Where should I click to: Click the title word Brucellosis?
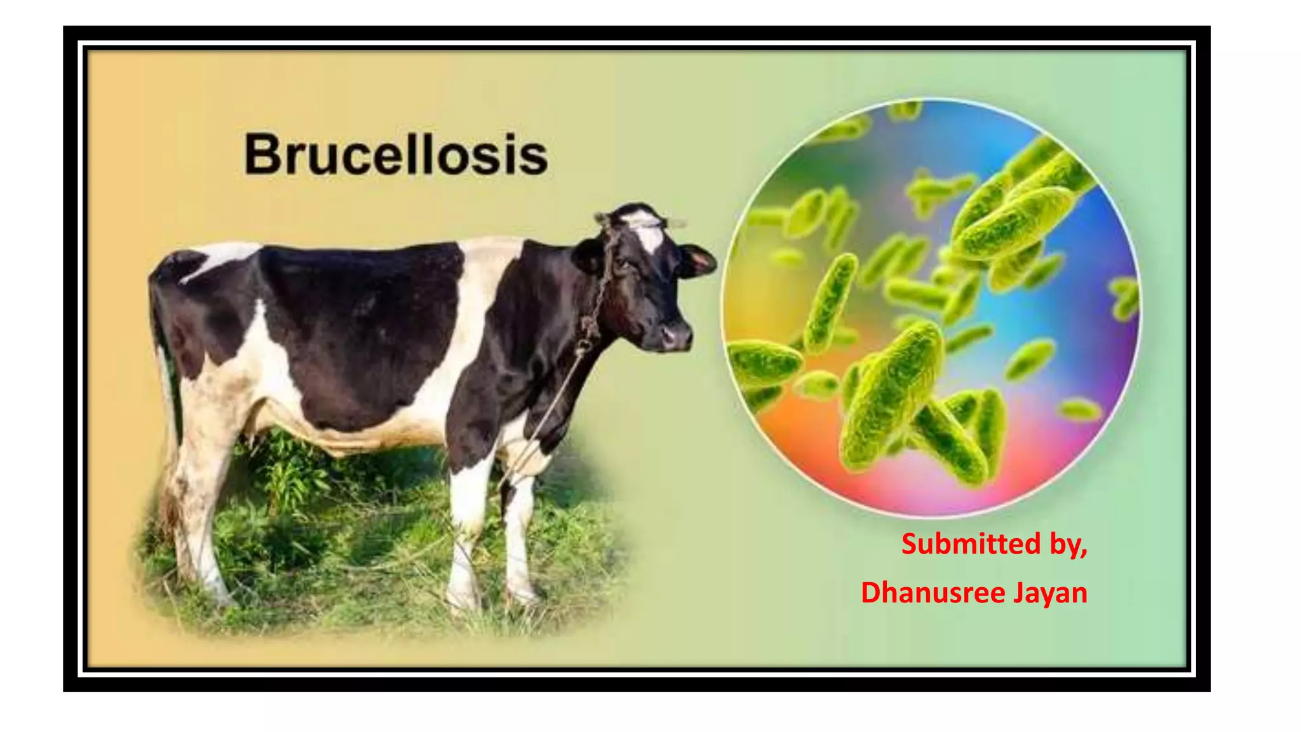(x=396, y=154)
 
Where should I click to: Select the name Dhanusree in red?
(x=933, y=592)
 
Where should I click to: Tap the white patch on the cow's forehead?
(x=648, y=233)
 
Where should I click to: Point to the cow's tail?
(x=164, y=356)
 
